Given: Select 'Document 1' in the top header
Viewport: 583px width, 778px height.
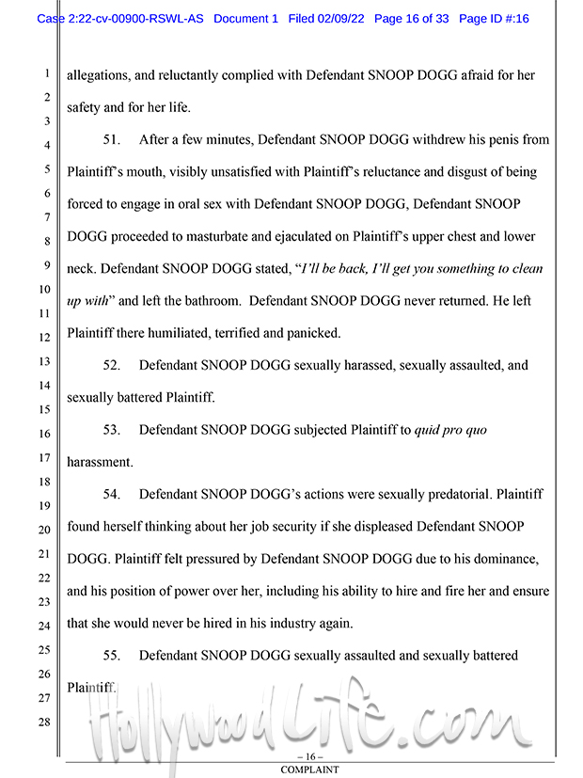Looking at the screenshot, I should click(245, 19).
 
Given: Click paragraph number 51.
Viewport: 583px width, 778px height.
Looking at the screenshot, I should click(112, 140).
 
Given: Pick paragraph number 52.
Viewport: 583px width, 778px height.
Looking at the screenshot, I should click(112, 365).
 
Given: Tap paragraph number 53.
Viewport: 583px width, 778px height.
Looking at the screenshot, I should click(112, 430).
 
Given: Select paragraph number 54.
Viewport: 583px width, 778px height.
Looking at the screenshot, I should click(112, 494).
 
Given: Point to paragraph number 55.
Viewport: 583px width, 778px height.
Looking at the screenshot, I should click(112, 655).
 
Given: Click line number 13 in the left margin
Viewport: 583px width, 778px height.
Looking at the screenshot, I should click(44, 362).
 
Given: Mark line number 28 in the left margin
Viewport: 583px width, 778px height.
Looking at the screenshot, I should click(44, 722).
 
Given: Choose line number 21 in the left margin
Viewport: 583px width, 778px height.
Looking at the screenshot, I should click(44, 554).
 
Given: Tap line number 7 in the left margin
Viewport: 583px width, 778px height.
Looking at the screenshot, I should click(44, 217).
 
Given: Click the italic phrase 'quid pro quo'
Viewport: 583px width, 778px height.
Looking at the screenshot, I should click(450, 430).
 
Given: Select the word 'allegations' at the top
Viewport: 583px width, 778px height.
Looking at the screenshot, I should click(97, 75).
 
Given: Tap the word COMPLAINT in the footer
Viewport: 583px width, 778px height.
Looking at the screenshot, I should click(309, 770).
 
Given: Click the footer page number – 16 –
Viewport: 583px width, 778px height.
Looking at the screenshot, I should click(309, 756).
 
